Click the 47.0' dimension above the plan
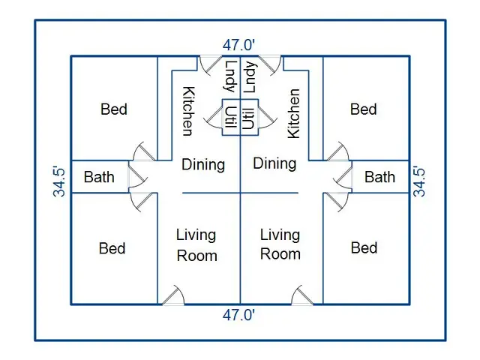tap(238, 45)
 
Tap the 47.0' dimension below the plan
tap(238, 315)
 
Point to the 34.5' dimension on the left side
tap(59, 181)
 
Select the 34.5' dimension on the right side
tap(419, 181)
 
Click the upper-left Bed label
tap(114, 109)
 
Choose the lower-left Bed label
tap(112, 248)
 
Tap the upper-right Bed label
tap(363, 109)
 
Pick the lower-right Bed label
tap(364, 247)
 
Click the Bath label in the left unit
tap(99, 177)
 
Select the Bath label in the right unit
tap(380, 177)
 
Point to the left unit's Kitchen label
tap(188, 111)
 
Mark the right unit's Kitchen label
tap(294, 113)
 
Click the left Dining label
tap(203, 165)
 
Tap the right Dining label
tap(274, 163)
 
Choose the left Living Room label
tap(196, 245)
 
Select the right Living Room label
tap(280, 244)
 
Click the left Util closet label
tap(231, 117)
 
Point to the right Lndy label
tap(250, 77)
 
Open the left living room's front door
tap(173, 295)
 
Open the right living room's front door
tap(302, 295)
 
